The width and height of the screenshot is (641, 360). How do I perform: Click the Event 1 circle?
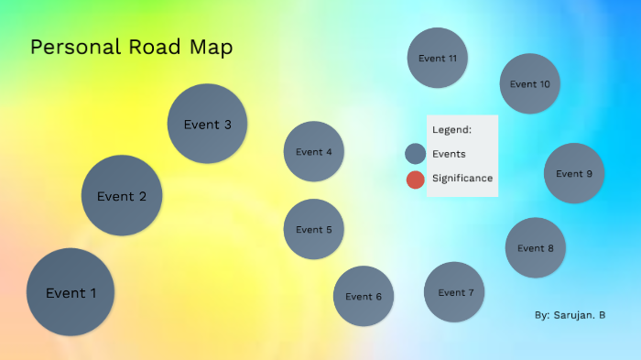coord(71,292)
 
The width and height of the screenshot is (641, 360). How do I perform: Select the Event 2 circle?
coord(122,195)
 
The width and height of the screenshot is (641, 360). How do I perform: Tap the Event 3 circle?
coord(207,124)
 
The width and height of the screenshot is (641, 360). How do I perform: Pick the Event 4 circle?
coord(314,151)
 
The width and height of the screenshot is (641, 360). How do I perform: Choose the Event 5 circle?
coord(314,229)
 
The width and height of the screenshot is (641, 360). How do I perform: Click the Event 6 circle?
coord(364,296)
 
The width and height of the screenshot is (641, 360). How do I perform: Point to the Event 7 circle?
coord(454,292)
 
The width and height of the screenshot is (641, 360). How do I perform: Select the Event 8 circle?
coord(536,247)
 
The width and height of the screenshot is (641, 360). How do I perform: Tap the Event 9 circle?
coord(574,173)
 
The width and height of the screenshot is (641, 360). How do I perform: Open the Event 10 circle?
coord(530,83)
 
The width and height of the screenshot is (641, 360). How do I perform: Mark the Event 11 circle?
coord(438,58)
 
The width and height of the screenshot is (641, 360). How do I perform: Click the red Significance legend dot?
coord(416,179)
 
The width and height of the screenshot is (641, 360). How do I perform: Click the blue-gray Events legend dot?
coord(416,154)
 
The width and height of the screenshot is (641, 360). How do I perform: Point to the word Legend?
coord(451,129)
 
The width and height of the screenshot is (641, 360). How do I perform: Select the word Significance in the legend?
coord(462,178)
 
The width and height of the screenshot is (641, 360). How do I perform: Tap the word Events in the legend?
coord(449,154)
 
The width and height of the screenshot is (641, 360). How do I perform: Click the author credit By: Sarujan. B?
coord(570,315)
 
